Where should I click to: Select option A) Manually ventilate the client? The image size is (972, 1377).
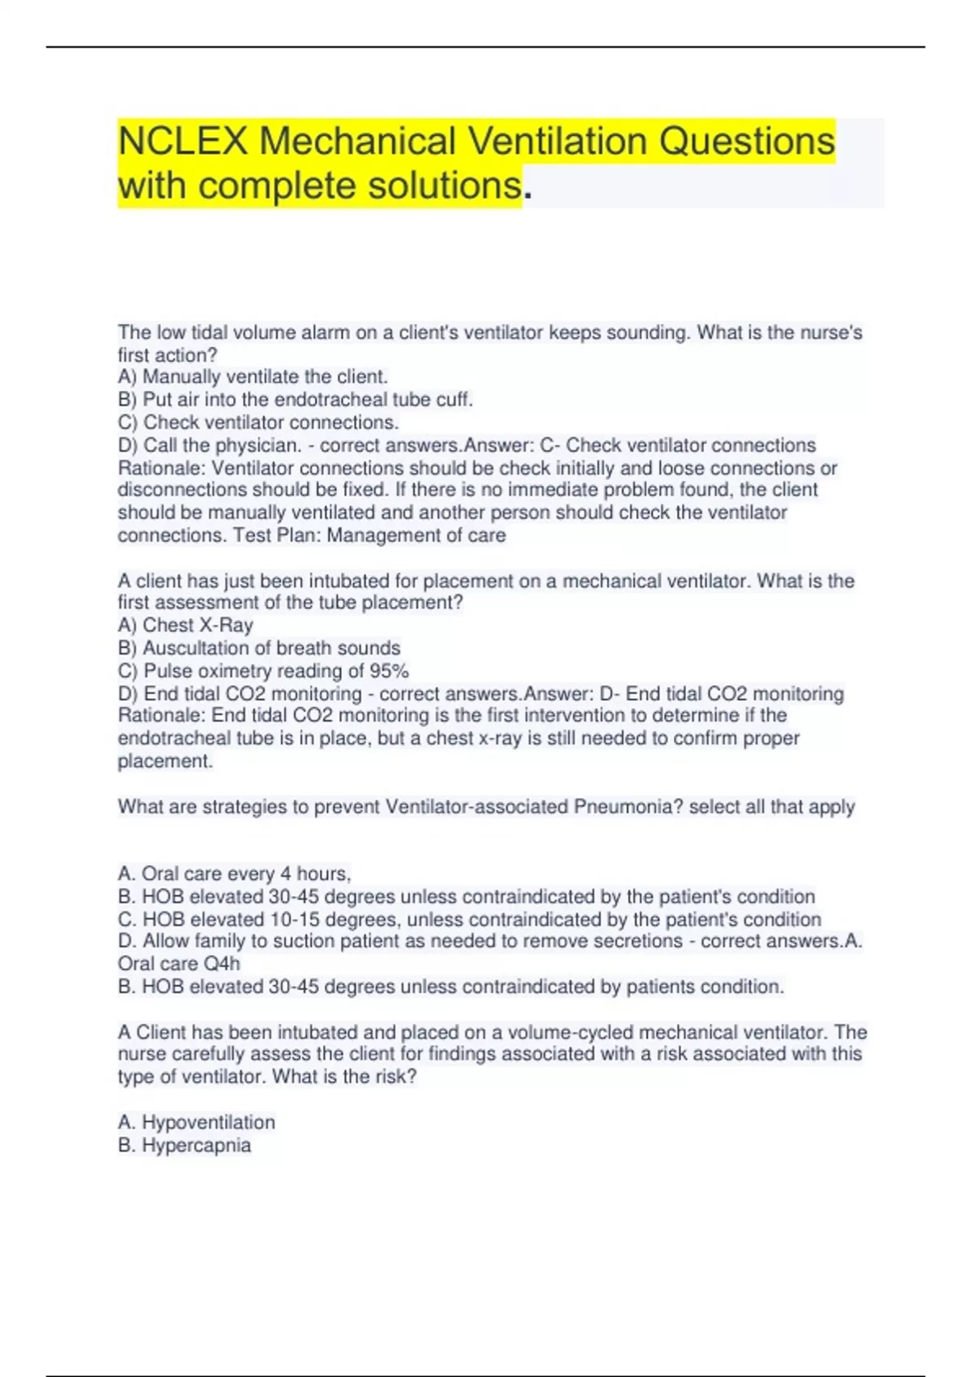click(253, 377)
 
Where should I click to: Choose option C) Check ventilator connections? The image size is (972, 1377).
click(258, 422)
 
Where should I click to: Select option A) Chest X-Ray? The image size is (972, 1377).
click(185, 625)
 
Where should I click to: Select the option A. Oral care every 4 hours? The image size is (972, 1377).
click(234, 874)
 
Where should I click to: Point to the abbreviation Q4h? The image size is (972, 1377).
click(221, 964)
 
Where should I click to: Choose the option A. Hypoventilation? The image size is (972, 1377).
click(197, 1123)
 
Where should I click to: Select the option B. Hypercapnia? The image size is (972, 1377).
click(185, 1145)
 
